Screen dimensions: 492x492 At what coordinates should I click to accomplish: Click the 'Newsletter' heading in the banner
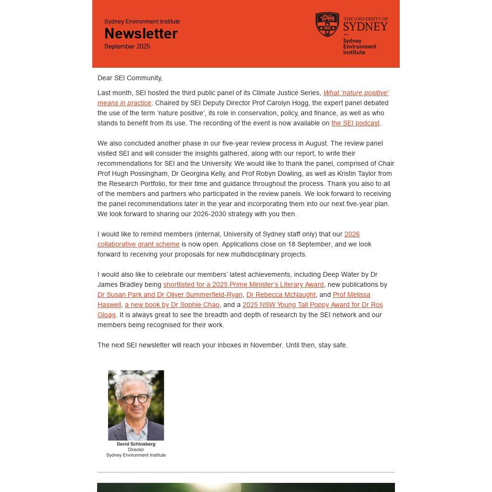click(141, 34)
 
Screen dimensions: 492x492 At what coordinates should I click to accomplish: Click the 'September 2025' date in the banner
click(127, 47)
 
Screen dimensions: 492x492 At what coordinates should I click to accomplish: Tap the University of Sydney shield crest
click(327, 24)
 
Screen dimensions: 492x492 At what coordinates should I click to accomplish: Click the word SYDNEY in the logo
click(365, 26)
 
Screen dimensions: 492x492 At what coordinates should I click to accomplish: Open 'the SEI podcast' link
click(355, 123)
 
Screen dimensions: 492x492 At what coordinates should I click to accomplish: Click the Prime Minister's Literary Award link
click(243, 285)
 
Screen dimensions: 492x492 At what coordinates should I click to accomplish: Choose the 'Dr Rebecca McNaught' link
click(281, 295)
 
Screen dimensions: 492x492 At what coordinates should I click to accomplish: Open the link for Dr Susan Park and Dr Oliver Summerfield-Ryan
click(170, 295)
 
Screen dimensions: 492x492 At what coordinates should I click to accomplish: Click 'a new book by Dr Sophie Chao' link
click(172, 305)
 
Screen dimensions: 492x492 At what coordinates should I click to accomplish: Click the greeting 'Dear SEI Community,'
click(130, 78)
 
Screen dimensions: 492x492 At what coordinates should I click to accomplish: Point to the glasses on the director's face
click(135, 399)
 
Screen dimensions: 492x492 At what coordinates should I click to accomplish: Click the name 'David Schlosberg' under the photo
click(136, 444)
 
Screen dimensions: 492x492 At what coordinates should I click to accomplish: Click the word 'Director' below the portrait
click(136, 450)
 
